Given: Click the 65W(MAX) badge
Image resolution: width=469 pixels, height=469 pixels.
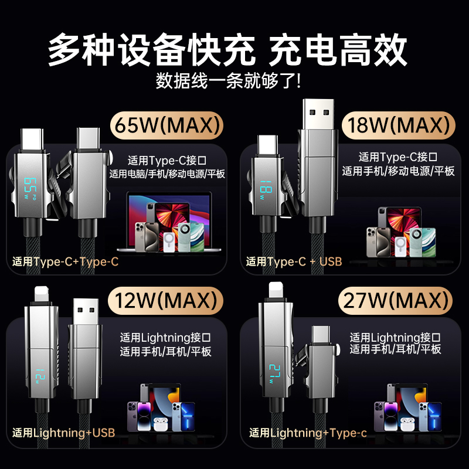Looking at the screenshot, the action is (x=168, y=124).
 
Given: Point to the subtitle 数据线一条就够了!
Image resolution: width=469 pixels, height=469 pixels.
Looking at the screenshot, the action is (x=229, y=80).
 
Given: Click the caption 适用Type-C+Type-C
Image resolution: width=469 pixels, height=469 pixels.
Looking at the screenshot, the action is (x=65, y=261).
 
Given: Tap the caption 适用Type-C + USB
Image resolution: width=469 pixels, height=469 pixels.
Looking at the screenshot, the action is (x=294, y=261).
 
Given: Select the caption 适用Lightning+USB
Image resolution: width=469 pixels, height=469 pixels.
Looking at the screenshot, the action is (x=63, y=433).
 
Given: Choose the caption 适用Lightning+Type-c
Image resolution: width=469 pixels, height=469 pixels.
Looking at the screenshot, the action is (x=308, y=433).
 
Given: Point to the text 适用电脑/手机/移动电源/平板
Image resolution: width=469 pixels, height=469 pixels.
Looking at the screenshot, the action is (x=167, y=174).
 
